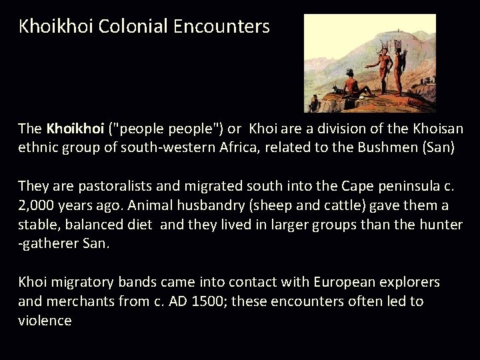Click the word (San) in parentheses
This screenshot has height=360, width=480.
pyautogui.click(x=439, y=147)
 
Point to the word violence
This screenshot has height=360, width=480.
pyautogui.click(x=45, y=321)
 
